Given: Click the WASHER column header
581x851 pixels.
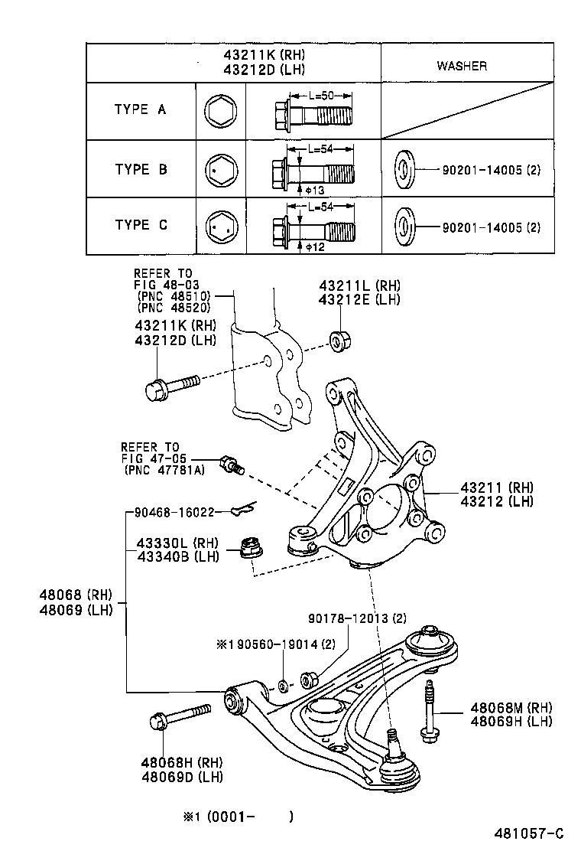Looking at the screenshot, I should tap(462, 66).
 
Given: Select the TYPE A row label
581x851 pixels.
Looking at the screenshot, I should tap(140, 109).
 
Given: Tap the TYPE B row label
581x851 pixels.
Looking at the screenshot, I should tap(141, 169).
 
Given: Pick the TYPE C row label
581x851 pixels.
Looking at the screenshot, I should tap(141, 225).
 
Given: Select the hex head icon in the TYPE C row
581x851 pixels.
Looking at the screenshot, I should tap(221, 226).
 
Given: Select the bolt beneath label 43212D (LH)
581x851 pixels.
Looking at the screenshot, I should tap(170, 386).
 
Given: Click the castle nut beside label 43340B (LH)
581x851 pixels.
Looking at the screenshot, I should tap(251, 548).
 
